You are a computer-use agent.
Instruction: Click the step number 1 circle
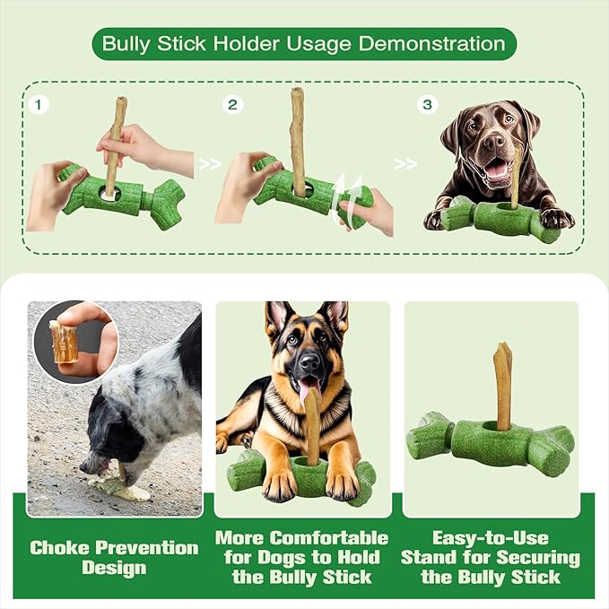(39, 105)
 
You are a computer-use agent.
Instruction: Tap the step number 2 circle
(233, 105)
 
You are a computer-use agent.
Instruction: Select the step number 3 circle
(429, 105)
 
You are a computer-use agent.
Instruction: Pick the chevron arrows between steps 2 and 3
(405, 164)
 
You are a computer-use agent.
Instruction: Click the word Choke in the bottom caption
(70, 547)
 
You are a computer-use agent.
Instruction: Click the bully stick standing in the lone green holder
(502, 386)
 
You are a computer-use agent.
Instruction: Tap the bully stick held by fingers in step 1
(115, 144)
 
